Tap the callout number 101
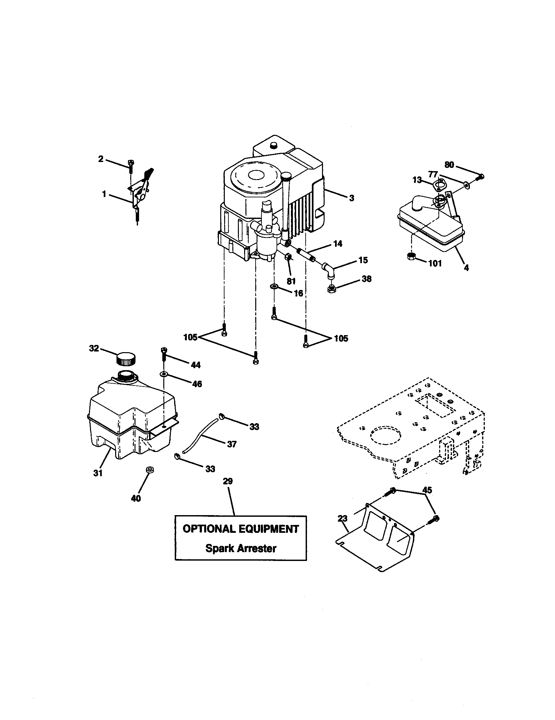coord(435,263)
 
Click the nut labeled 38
coord(331,289)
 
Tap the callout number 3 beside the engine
coord(352,198)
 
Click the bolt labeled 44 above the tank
coord(163,355)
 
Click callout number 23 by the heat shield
coord(342,519)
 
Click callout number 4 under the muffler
coord(466,268)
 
